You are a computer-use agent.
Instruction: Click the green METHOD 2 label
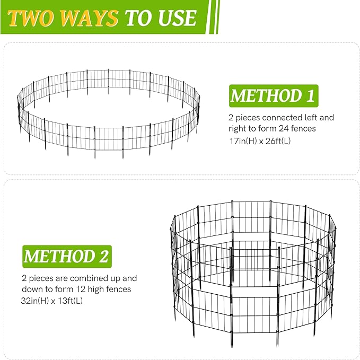point(66,256)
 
